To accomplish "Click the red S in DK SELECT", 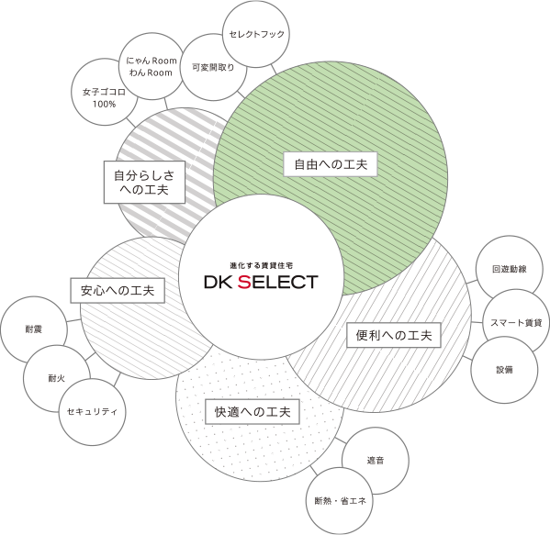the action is tap(244, 282).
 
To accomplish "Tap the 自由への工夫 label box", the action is tap(330, 164).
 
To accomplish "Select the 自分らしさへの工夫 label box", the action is tap(144, 182).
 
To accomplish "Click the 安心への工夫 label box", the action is tap(118, 290).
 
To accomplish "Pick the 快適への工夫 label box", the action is tap(253, 412).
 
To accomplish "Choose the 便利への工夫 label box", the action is tap(394, 335).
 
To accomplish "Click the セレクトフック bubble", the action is tap(256, 34).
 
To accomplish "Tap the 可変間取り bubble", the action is tap(213, 67).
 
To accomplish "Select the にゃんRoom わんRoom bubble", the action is tap(152, 66).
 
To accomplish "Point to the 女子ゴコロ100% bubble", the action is tap(105, 92).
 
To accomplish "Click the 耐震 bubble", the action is tap(34, 329).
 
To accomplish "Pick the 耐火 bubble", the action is tap(57, 378).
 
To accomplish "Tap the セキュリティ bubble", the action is tap(92, 412).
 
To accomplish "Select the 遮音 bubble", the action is tap(376, 461).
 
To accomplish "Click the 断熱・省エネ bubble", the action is tap(340, 501).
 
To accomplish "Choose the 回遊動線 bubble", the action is tap(510, 269).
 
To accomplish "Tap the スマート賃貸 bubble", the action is tap(516, 322).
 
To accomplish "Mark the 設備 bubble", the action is tap(504, 370).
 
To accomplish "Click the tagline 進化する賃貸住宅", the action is tap(262, 265).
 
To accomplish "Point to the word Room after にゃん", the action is tap(164, 61).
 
